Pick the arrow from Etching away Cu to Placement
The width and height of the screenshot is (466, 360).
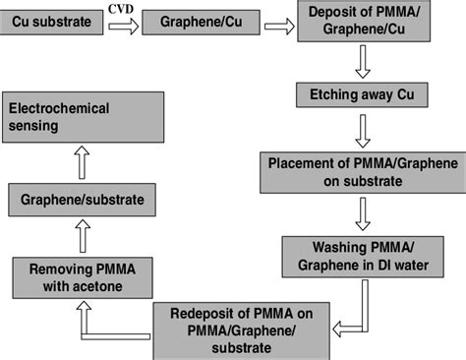361,129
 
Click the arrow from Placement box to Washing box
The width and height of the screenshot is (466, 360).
361,210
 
